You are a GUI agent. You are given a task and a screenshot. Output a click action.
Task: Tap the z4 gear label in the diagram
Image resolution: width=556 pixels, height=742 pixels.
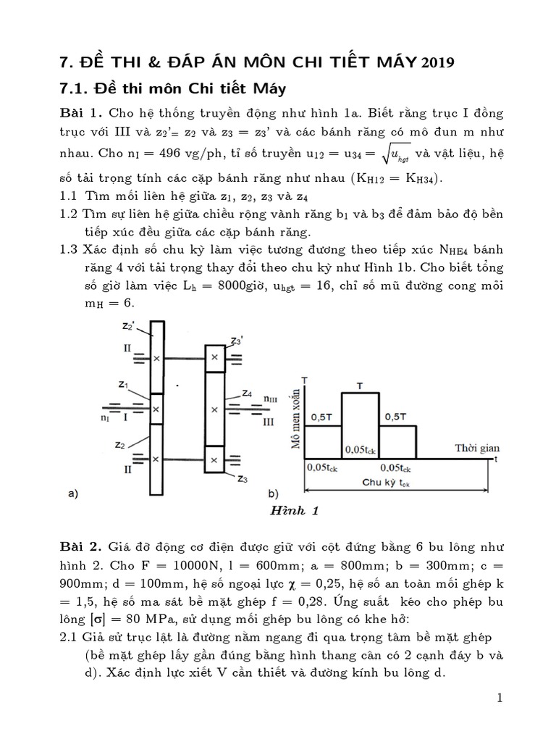click(247, 394)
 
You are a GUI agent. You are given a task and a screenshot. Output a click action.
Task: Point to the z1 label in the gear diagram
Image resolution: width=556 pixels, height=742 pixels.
click(123, 385)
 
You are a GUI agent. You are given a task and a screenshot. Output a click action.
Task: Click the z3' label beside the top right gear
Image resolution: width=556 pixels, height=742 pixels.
click(235, 341)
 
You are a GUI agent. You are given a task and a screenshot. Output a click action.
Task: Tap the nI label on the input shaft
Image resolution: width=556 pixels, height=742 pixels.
click(106, 418)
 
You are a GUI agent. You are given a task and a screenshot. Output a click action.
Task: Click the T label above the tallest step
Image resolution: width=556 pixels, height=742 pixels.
click(361, 385)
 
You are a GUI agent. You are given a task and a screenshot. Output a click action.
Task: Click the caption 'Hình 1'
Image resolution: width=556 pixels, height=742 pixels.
click(295, 510)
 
